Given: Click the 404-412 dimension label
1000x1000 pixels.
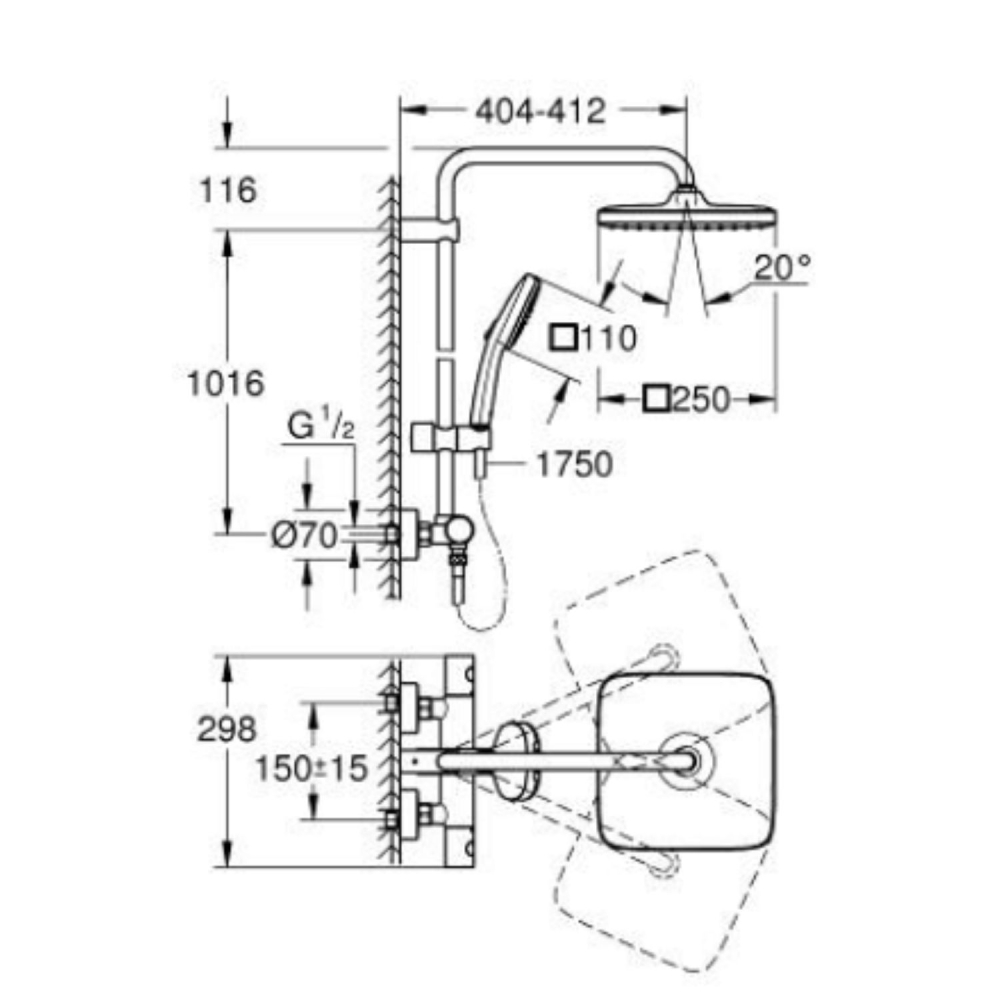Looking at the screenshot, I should (x=540, y=110).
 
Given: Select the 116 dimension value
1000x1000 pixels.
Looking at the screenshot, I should (x=228, y=189).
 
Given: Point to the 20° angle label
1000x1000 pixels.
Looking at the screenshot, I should (x=781, y=268).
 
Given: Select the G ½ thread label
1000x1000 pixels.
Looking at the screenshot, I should (x=321, y=427).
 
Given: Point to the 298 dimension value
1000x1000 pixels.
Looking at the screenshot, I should (x=227, y=729).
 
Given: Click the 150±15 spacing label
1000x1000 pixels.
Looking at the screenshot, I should (x=310, y=768).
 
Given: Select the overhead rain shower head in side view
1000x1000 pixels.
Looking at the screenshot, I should (x=687, y=218).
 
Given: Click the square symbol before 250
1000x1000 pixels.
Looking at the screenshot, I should (x=657, y=400).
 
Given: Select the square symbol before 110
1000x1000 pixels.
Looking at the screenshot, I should (x=565, y=339).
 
